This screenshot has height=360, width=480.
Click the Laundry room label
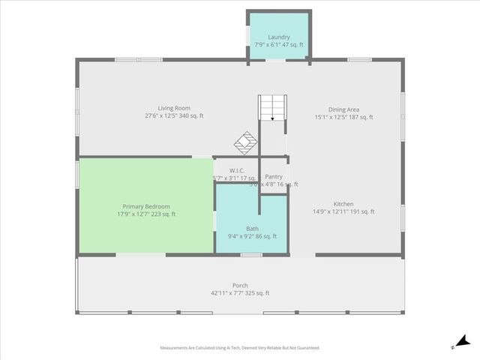coord(278,36)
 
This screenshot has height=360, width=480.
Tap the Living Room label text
coord(174,108)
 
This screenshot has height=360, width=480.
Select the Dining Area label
coord(343,109)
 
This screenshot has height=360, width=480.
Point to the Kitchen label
coord(343,204)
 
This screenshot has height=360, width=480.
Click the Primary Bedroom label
coord(146,206)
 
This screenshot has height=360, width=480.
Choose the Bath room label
coord(252,228)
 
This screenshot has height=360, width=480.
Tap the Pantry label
coord(273,176)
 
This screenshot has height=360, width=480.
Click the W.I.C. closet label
coord(237,170)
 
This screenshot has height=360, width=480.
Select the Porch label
coord(240,285)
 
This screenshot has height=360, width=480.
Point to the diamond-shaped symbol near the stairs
coord(245,140)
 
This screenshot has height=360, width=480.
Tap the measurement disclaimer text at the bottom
coord(240,348)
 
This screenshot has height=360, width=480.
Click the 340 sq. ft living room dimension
coord(174,116)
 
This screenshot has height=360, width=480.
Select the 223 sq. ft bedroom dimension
coord(146,214)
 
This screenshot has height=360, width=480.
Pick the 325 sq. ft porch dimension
coord(240,293)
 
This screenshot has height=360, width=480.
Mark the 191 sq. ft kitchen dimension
coord(343,212)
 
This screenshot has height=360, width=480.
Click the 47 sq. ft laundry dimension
coord(278,45)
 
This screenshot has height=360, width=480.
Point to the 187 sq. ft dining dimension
coord(343,117)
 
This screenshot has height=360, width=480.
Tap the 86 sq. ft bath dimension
coord(252,236)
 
